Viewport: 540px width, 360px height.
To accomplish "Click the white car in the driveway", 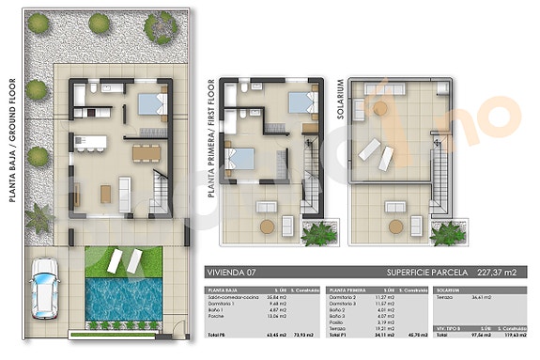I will (43, 286).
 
